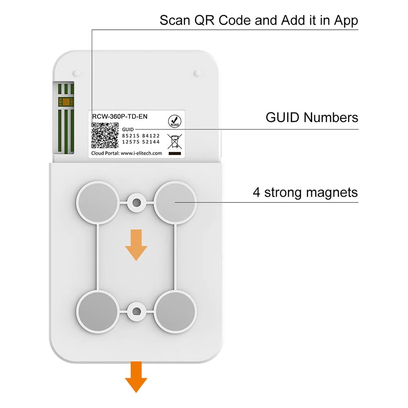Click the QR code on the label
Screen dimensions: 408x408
[105, 135]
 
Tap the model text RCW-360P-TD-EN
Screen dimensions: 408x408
[118, 116]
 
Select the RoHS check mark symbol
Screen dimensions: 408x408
[173, 121]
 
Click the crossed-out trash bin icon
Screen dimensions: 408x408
[174, 140]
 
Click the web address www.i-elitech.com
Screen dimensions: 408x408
[142, 153]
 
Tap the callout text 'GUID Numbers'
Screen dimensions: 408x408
[312, 118]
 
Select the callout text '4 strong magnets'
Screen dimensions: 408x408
[305, 192]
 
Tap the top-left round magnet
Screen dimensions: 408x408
[96, 202]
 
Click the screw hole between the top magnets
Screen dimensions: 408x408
[136, 202]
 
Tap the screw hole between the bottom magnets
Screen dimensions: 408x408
[136, 312]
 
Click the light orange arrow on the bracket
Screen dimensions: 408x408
[136, 244]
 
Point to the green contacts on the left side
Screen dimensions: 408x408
[65, 118]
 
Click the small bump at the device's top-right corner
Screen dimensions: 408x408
[197, 73]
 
